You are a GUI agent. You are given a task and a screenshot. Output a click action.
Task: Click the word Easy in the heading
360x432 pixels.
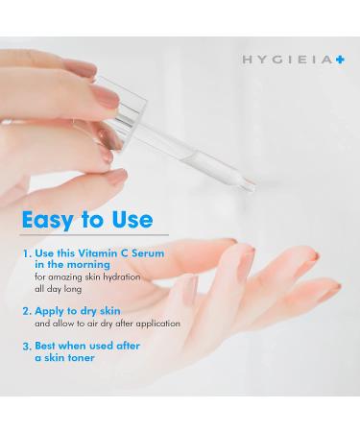point(52,220)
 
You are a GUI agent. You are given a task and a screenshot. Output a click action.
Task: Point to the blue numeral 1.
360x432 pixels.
point(25,256)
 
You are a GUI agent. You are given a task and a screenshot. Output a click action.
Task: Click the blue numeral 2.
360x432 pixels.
point(25,312)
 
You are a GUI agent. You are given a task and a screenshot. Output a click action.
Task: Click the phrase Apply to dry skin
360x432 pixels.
point(78,312)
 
